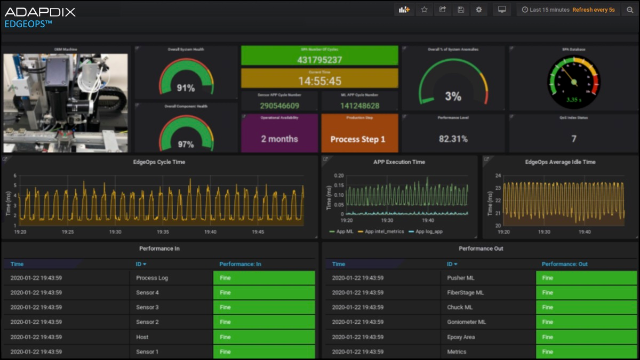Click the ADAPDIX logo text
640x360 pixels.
(x=40, y=12)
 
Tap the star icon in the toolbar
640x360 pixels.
(x=424, y=10)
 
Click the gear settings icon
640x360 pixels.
(x=478, y=10)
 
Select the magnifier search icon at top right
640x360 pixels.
(x=630, y=10)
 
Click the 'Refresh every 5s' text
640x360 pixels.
(x=593, y=10)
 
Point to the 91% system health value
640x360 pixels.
(x=186, y=88)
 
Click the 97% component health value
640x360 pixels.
(x=186, y=145)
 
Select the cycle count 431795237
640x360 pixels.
(x=319, y=60)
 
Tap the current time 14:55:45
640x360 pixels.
(x=319, y=81)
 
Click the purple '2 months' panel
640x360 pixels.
(x=279, y=139)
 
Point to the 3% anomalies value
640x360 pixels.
(x=453, y=97)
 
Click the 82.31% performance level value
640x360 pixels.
(x=453, y=139)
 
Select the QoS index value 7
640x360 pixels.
(x=574, y=139)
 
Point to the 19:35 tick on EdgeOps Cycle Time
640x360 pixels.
(x=163, y=232)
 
